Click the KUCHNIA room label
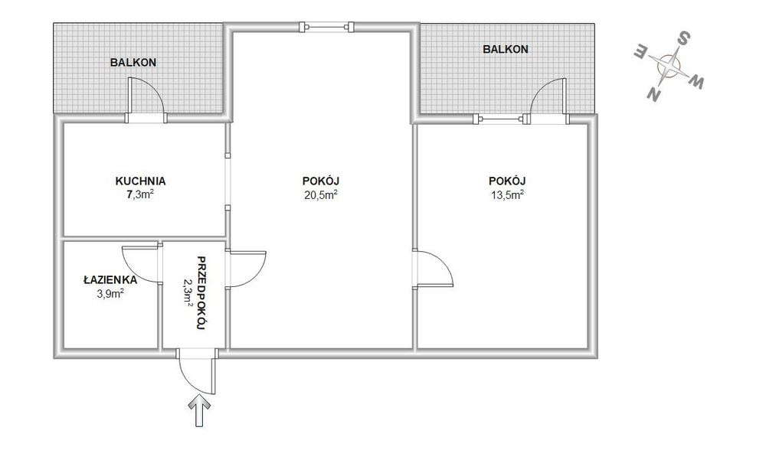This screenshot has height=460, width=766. coord(140,181)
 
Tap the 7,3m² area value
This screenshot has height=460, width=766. coord(140,195)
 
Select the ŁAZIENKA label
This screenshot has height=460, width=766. coord(110,280)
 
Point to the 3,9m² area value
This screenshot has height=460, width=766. coord(110,293)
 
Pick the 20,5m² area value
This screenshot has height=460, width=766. coord(320,195)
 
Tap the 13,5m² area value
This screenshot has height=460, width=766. coord(507,195)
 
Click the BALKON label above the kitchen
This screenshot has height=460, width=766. coord(133,63)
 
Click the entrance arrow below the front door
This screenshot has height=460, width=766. coord(199,411)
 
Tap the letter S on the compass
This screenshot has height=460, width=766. coord(685,38)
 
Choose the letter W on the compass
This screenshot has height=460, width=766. coord(696,82)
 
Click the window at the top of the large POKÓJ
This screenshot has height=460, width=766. coord(326,26)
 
